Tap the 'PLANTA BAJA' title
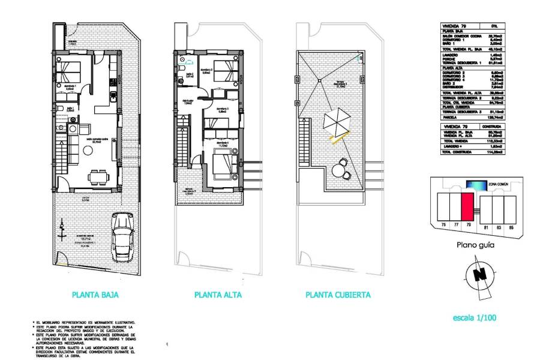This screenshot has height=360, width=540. (x=95, y=295)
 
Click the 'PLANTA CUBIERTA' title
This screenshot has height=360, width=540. (x=338, y=295)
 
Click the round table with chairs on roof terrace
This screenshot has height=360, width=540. (x=340, y=170)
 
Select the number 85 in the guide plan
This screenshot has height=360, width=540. (x=511, y=227)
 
